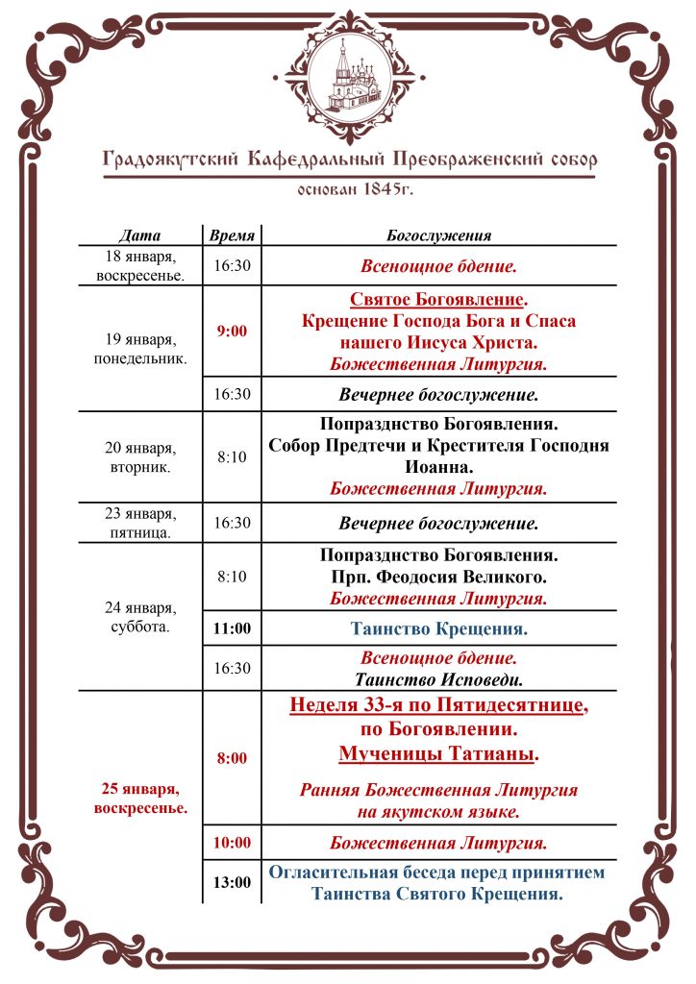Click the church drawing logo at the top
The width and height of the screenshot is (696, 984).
coord(348,74)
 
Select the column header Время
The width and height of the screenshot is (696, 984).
coord(232,234)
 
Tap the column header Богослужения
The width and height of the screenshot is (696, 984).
coord(439,234)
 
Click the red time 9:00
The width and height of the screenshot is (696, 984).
coord(232,332)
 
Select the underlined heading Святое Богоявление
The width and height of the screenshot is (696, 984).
coord(437,299)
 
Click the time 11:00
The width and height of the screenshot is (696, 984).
coord(232,629)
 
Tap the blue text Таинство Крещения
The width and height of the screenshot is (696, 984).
coord(439,629)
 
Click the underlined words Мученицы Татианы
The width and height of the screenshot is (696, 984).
coord(437,754)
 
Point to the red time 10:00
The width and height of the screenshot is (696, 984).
coord(232,843)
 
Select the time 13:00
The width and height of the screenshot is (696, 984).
coord(232,882)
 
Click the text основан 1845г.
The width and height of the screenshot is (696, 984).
coord(348,188)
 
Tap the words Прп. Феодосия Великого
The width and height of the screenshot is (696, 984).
coord(439,577)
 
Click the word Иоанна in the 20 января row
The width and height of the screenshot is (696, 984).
coord(439,468)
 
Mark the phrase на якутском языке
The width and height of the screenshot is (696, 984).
coord(439,811)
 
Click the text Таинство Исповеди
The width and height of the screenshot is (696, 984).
coord(439,679)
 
